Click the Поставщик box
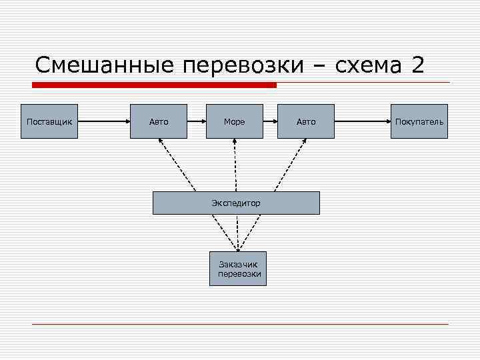coord(49,121)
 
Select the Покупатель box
coord(419,121)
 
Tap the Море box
coord(235,121)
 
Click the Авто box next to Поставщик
coord(159,121)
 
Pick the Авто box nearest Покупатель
coord(306,121)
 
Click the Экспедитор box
coord(236,203)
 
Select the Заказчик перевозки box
coord(238,269)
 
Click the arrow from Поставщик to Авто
coord(103,121)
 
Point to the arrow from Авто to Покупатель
coord(363,121)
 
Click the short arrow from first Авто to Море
coord(197,121)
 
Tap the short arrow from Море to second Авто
coord(270,121)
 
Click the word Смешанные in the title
coord(103,66)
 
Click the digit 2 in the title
coord(417,66)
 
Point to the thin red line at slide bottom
coord(240,324)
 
